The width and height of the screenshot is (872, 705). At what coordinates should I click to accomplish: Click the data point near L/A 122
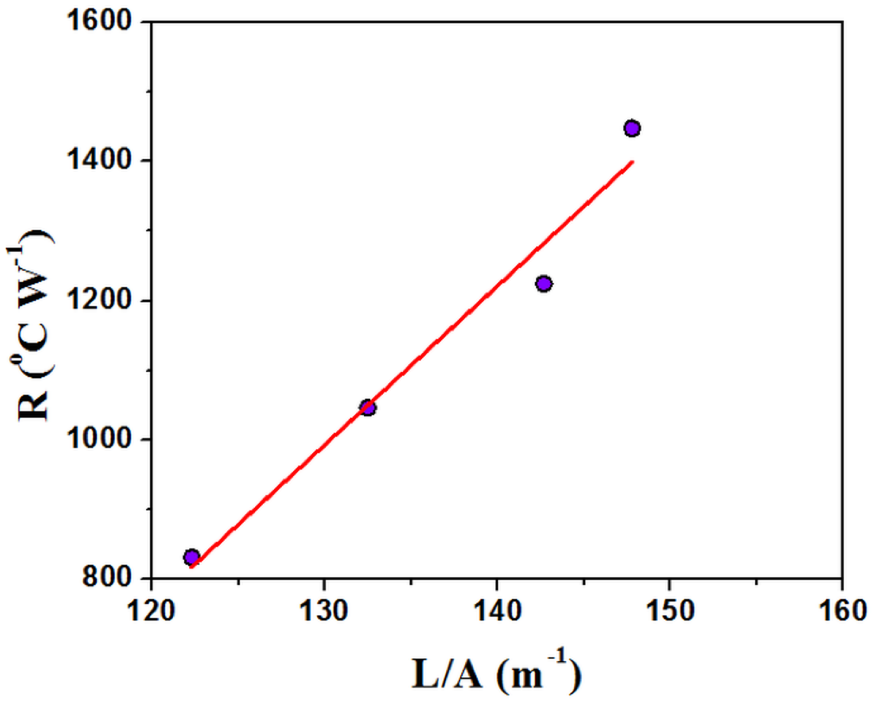coord(192,557)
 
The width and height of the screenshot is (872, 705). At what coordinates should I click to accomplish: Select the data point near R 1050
coord(368,408)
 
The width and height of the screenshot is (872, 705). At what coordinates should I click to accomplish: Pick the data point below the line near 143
coord(544,283)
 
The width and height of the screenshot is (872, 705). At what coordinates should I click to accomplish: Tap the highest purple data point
coord(632,129)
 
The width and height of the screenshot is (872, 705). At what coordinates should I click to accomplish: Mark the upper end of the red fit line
coord(632,162)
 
